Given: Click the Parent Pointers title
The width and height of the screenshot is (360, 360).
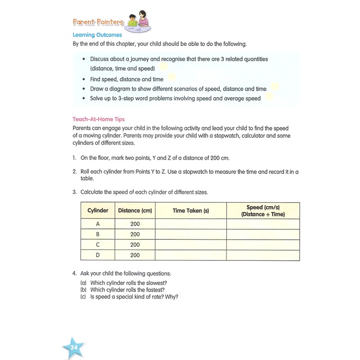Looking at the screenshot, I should [x=98, y=23].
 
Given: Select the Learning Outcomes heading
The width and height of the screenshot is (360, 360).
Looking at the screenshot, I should [x=97, y=35].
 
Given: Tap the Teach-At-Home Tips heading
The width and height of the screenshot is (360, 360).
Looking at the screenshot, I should [x=99, y=119].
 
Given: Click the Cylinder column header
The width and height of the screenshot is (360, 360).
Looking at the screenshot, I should [x=98, y=210].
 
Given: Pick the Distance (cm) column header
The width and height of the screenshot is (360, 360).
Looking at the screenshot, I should [x=135, y=210].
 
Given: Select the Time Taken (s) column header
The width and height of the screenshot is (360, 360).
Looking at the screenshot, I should [x=191, y=210].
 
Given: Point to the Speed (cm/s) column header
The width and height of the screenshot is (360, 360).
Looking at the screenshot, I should [x=263, y=210].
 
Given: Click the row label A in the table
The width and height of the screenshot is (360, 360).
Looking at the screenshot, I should [x=98, y=224].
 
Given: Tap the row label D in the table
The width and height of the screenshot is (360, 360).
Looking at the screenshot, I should [x=98, y=255].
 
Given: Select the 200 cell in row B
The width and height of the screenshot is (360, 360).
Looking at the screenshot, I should [x=135, y=235].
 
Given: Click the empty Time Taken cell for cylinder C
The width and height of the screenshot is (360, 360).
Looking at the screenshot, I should [x=191, y=245].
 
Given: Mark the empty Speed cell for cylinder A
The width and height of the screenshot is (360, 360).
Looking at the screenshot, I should [x=263, y=224].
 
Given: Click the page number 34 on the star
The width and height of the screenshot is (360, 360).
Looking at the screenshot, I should [x=74, y=335].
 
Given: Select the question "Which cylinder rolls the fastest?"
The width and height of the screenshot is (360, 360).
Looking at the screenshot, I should [x=128, y=290].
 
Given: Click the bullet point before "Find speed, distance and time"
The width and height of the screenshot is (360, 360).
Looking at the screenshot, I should [x=84, y=79].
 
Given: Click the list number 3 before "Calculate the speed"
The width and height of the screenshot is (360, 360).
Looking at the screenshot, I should [x=75, y=192].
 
